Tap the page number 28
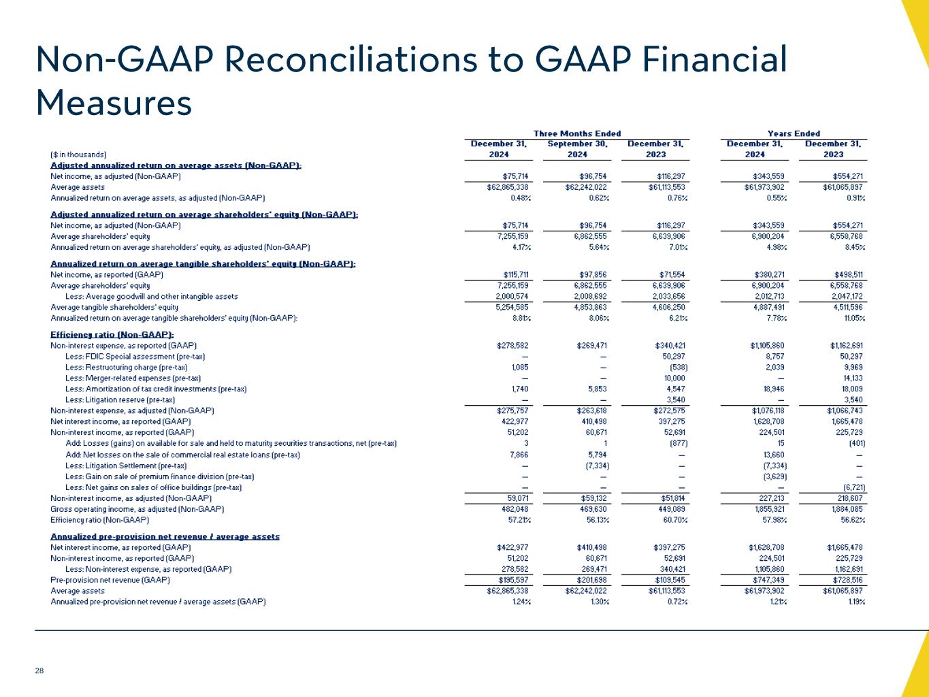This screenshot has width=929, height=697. [x=39, y=671]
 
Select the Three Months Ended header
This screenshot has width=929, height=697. [x=576, y=133]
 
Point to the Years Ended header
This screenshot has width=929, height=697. [x=794, y=133]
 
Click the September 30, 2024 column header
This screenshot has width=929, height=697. [x=577, y=149]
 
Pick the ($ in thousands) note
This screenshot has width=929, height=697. [x=79, y=155]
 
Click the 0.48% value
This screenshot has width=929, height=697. [x=521, y=198]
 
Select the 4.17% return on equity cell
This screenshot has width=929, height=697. [x=521, y=247]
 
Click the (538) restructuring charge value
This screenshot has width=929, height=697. [x=674, y=368]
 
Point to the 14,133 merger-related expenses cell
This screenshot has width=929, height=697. [x=851, y=378]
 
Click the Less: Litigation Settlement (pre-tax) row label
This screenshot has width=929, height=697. [x=126, y=466]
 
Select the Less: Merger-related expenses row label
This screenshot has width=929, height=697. [x=133, y=378]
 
